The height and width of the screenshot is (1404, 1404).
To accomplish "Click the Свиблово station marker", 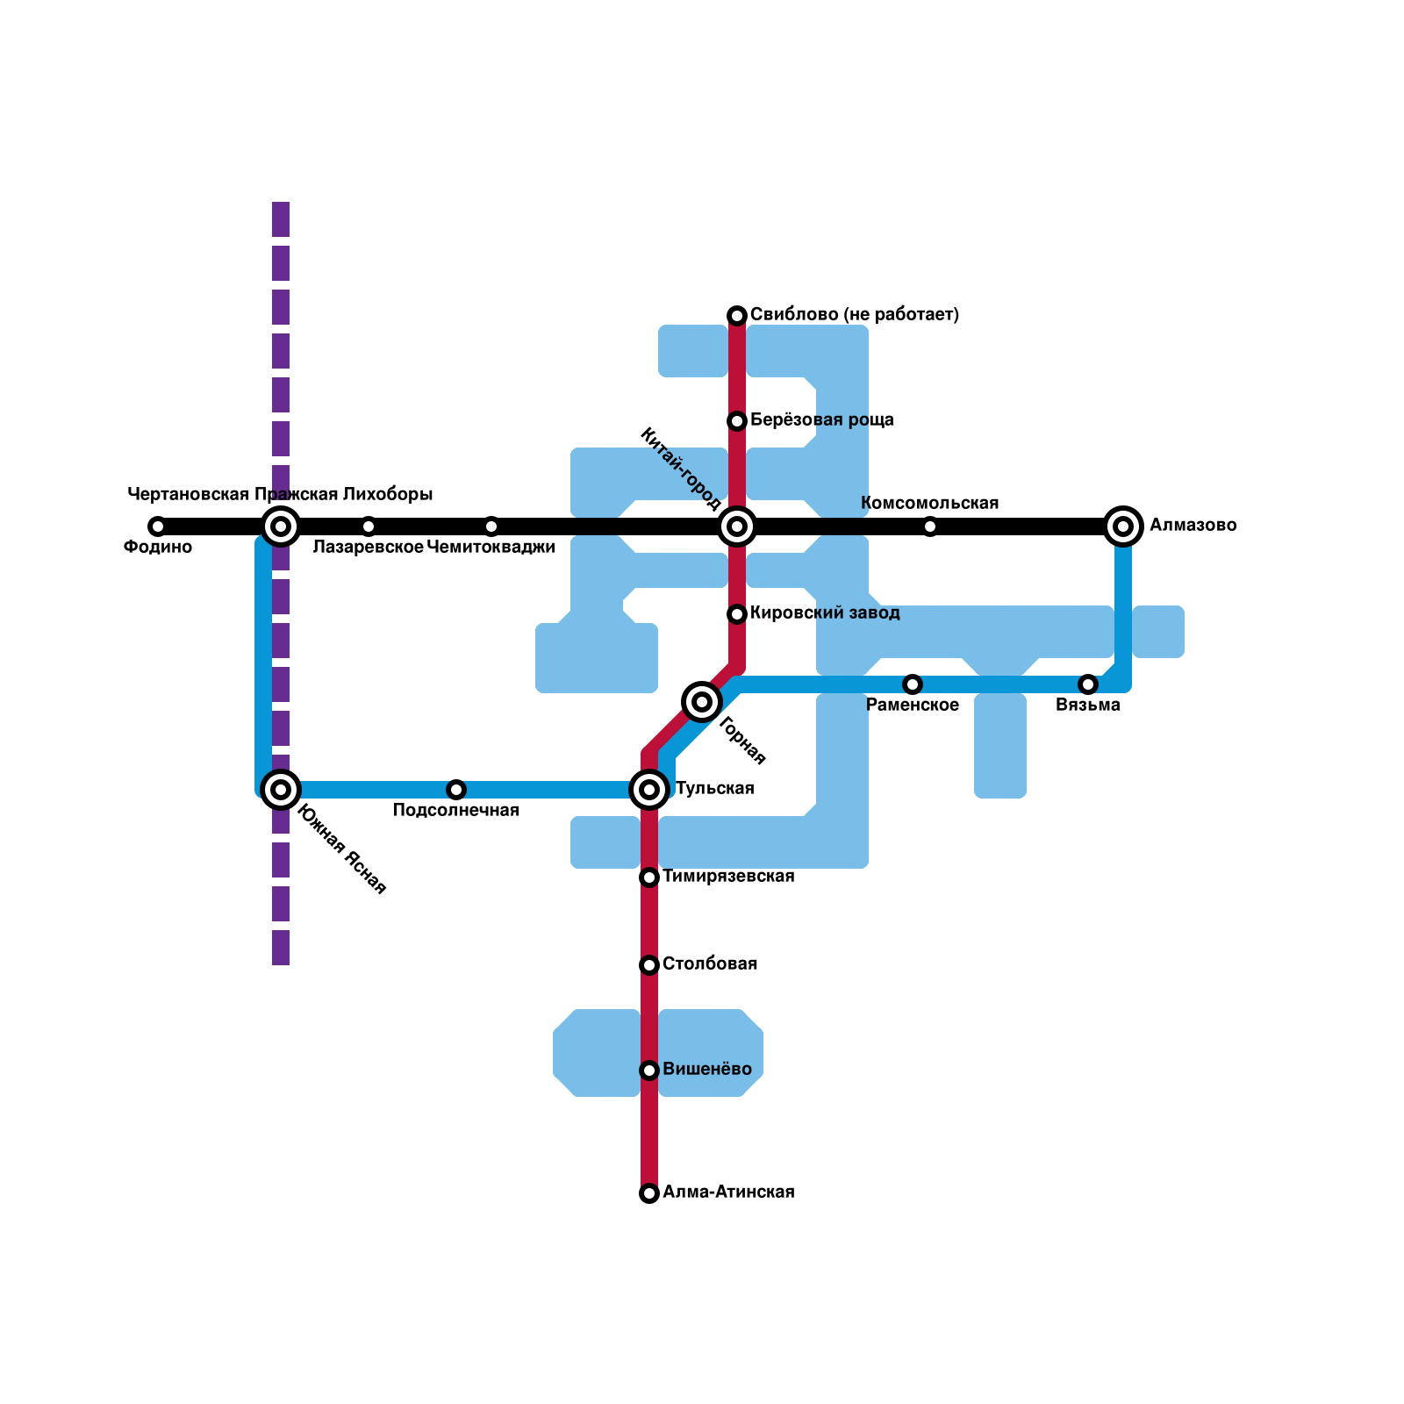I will tap(737, 316).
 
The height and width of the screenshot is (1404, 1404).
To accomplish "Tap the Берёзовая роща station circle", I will tap(737, 421).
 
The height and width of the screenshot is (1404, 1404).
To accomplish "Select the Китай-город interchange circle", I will tap(737, 526).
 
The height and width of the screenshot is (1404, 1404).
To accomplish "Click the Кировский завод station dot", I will tap(737, 614).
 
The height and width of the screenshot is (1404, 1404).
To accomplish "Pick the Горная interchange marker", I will tap(702, 701).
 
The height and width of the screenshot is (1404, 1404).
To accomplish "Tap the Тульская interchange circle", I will tap(649, 790).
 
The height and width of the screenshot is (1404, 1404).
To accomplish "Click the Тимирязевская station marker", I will tap(649, 877).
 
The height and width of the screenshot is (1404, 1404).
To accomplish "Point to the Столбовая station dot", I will tap(649, 965).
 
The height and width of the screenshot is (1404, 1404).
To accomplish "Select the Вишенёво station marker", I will tap(649, 1071).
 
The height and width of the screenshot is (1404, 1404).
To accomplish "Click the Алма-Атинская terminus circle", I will tap(649, 1193).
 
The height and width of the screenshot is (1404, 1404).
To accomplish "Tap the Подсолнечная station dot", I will tap(456, 790).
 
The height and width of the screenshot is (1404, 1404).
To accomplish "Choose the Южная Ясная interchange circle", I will tap(281, 790).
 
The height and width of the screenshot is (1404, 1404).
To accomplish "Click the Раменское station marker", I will tap(913, 684).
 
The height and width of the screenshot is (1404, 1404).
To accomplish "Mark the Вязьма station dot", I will tap(1088, 684).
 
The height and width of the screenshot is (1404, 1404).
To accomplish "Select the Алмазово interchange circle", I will tap(1123, 526).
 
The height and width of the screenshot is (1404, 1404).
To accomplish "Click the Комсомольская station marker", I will tap(930, 526).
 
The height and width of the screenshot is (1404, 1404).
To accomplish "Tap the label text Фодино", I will tap(158, 548).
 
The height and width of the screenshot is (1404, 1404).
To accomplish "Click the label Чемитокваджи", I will tap(491, 548).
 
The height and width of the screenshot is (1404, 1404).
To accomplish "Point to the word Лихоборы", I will tap(388, 495).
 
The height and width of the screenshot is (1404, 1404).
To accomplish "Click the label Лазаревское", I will tap(368, 548).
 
